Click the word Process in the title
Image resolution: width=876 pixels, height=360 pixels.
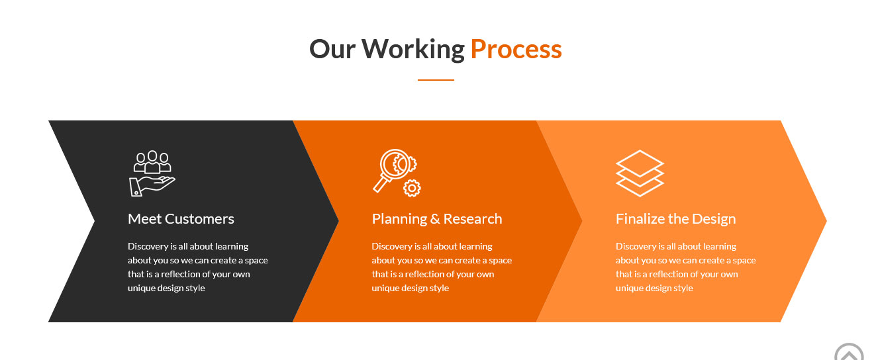516,50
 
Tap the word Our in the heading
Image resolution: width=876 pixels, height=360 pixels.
332,49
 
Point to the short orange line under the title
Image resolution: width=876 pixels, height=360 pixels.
436,79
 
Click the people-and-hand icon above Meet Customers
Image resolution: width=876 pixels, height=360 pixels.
152,173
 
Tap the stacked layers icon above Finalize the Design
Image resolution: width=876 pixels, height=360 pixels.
640,173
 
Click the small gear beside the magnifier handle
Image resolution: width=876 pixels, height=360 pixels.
412,189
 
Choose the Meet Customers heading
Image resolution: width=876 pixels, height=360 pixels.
181,219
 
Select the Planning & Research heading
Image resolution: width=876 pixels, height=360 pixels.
437,219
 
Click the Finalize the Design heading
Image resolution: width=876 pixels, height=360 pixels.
676,219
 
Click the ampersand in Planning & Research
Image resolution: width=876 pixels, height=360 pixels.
435,219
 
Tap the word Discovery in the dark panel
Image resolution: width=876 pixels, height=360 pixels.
148,246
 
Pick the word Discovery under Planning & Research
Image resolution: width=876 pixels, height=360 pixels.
392,246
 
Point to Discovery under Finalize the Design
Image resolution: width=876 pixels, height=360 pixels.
636,246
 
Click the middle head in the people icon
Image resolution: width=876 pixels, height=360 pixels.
152,156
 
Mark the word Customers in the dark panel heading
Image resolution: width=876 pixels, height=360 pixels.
199,219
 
